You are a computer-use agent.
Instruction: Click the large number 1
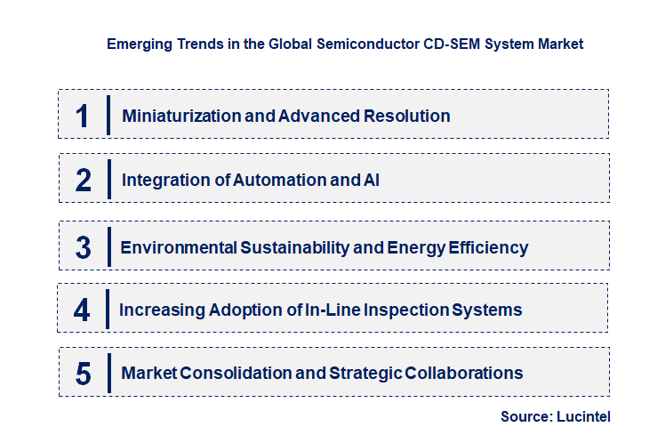point(83,116)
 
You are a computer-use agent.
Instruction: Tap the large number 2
point(84,181)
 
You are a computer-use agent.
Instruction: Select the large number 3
point(84,247)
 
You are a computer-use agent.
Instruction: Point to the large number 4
point(83,310)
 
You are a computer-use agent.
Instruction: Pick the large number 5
point(84,374)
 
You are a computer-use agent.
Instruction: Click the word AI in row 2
point(373,180)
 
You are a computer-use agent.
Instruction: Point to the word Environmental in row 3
point(178,247)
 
